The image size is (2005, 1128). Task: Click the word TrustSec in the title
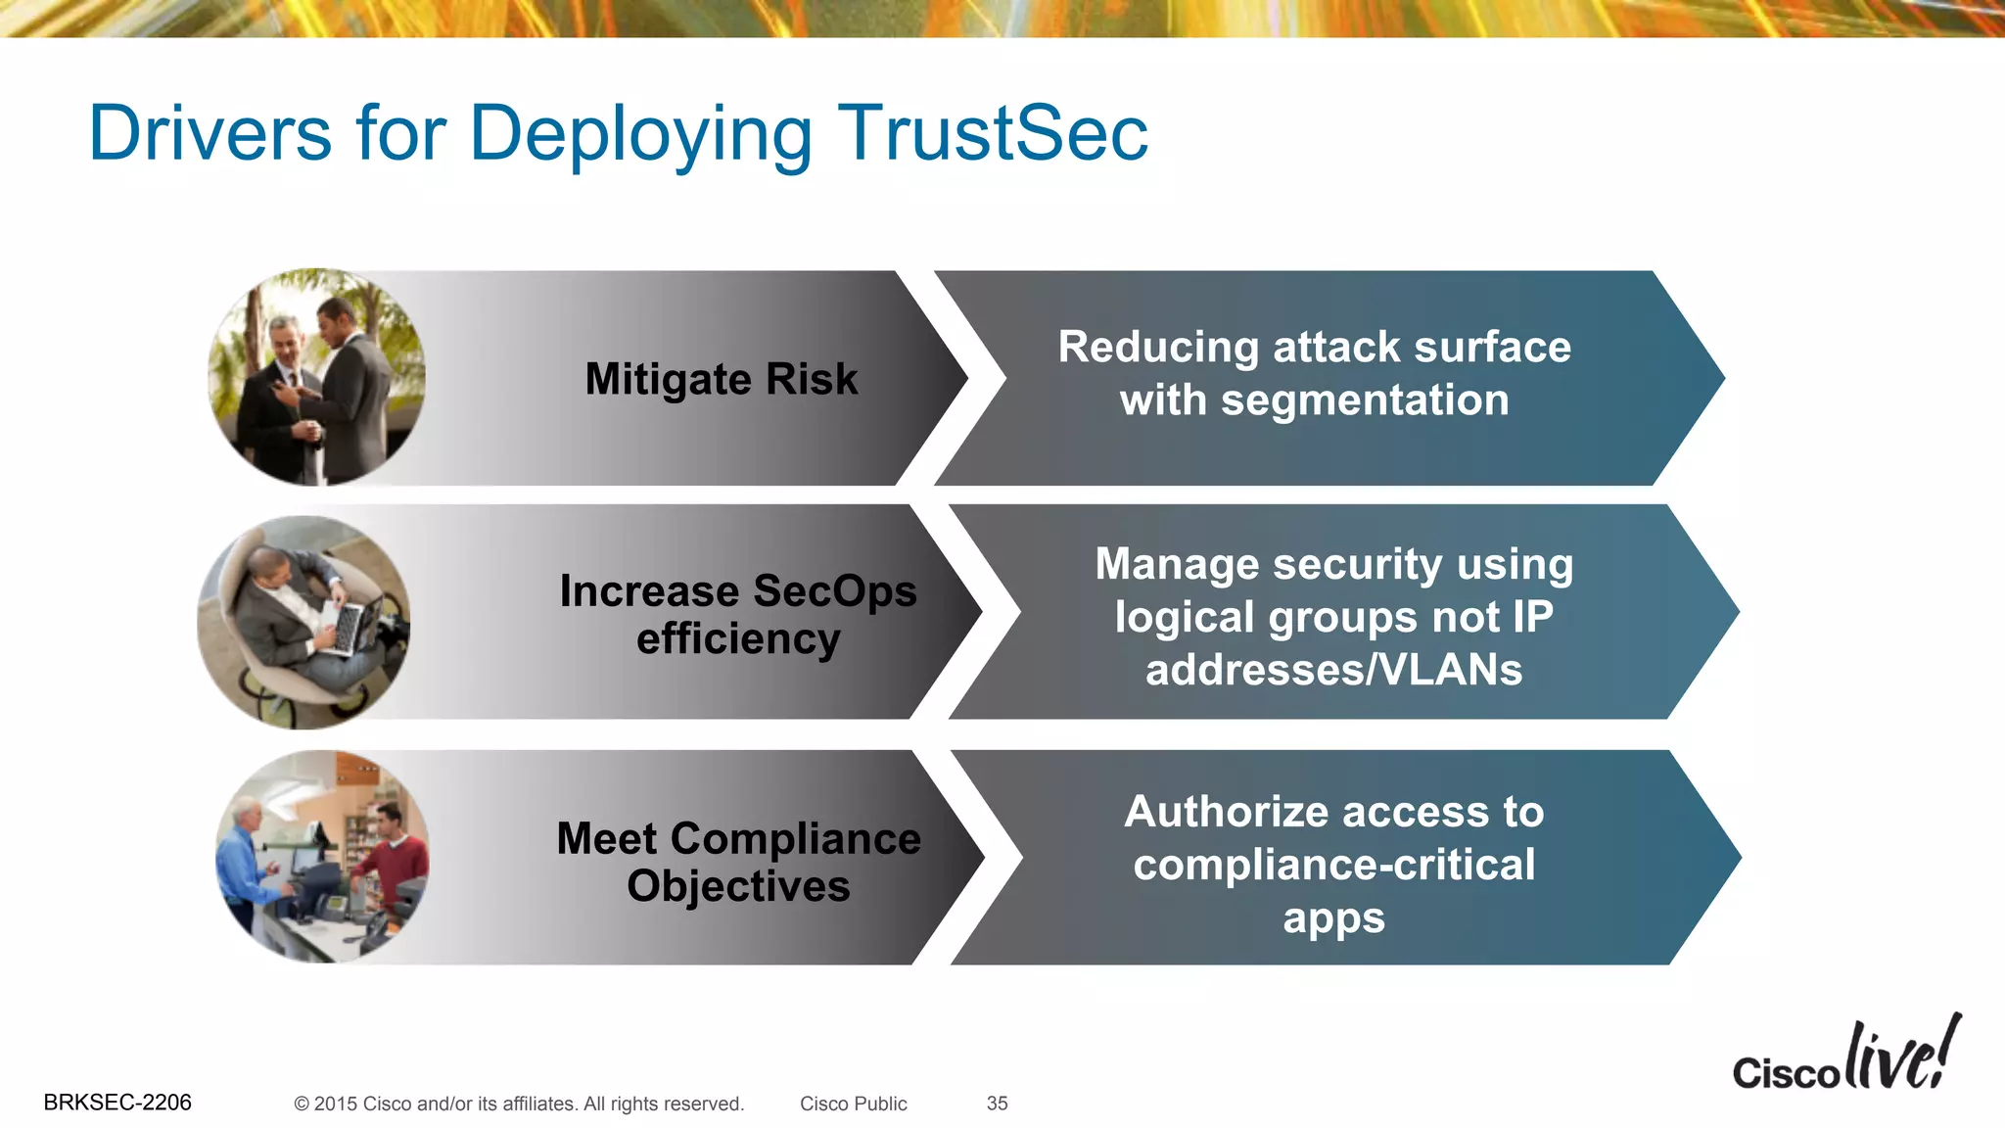click(992, 133)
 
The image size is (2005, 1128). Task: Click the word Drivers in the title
click(210, 133)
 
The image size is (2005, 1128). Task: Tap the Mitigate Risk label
click(722, 379)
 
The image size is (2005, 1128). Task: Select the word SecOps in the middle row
click(835, 590)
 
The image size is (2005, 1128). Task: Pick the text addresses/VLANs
click(1333, 670)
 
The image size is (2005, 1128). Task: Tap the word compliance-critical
click(1333, 865)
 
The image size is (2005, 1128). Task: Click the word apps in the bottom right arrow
click(1333, 918)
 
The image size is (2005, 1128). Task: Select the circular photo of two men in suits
click(317, 377)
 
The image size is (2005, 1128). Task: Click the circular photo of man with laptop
click(303, 622)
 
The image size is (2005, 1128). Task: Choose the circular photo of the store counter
click(322, 857)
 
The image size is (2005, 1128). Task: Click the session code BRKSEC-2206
click(117, 1103)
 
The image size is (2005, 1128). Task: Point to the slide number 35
click(997, 1104)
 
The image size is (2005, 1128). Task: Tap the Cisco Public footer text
click(853, 1104)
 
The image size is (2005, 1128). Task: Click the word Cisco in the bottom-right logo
click(1786, 1073)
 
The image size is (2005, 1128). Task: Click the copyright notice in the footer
click(519, 1104)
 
